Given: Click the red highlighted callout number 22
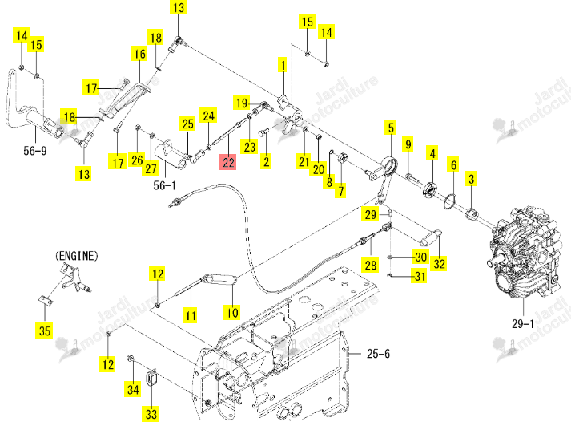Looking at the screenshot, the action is [227, 161].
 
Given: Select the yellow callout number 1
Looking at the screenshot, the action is [283, 65].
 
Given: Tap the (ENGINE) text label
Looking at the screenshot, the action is [77, 256].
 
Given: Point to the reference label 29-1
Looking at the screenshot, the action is [523, 323].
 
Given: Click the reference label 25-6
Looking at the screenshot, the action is [378, 354].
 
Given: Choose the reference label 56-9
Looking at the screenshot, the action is [35, 150].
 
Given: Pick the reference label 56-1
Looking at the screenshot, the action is [164, 185].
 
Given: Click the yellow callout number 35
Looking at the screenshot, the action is [44, 331].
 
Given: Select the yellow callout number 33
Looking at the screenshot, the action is [151, 414].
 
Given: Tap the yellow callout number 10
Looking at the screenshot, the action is [232, 313].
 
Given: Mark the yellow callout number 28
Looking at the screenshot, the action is [371, 265].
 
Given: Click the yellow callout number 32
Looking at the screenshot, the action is [439, 263].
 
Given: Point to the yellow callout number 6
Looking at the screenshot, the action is [453, 165].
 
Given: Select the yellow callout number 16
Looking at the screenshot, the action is [139, 54].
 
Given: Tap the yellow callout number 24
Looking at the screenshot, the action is [208, 116].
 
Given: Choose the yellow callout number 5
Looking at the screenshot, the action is [391, 128].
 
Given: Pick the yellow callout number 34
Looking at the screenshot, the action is [133, 390].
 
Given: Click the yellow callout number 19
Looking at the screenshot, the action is [242, 103].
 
